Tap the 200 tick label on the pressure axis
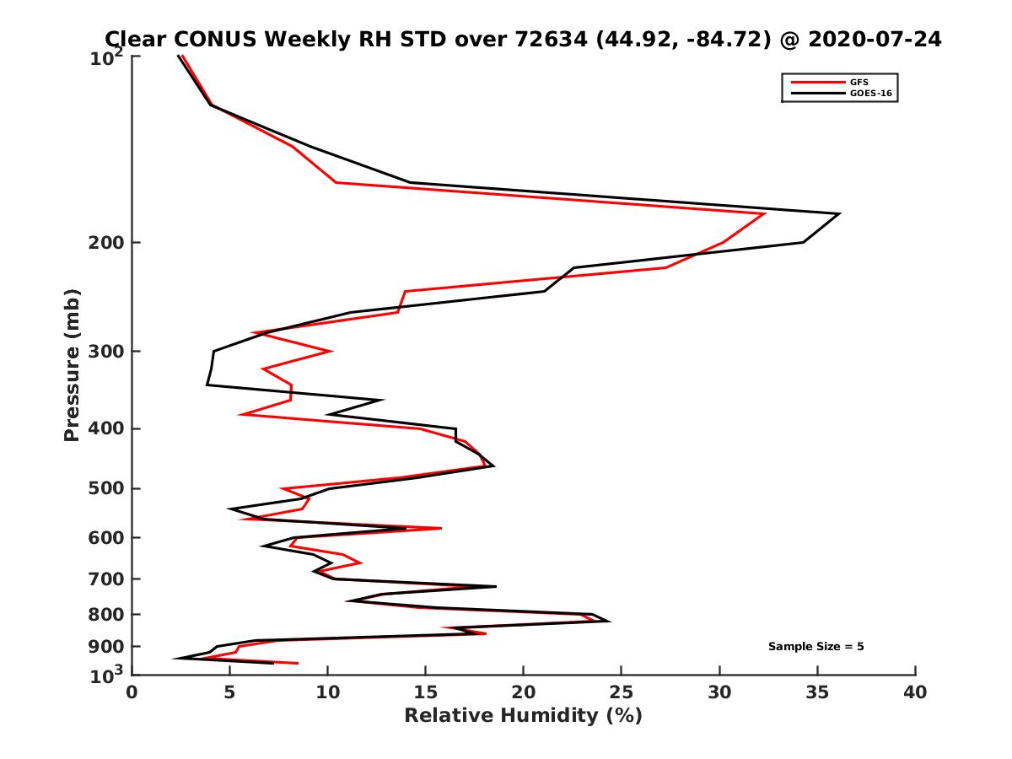(x=107, y=243)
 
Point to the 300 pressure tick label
(x=107, y=351)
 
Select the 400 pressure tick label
(x=107, y=428)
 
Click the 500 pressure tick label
(x=107, y=488)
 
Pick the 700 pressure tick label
(x=107, y=579)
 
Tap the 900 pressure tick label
(x=107, y=647)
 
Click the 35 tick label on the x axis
(x=817, y=692)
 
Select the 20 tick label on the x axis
(x=524, y=692)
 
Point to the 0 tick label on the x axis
(x=132, y=692)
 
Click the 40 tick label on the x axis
(x=915, y=692)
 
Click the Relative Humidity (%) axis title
(x=523, y=716)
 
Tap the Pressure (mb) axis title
(x=72, y=364)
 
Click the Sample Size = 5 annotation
(x=816, y=647)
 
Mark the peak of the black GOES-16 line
(x=839, y=214)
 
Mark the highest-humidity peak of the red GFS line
(x=765, y=214)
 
